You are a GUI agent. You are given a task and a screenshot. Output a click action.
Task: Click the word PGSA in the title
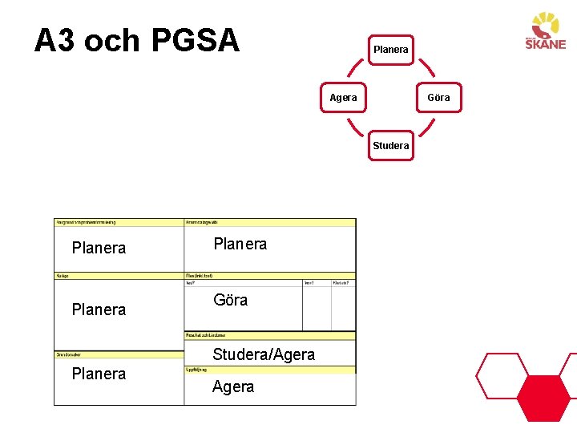pos(195,40)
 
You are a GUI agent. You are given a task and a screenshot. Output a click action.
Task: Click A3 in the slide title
pos(55,40)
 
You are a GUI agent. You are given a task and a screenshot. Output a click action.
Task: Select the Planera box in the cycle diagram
pos(390,50)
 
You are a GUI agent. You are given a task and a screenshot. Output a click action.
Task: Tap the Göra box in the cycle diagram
pos(438,98)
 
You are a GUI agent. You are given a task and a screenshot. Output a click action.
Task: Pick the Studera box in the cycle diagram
pos(390,145)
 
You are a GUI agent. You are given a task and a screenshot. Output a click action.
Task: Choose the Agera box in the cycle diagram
pos(343,98)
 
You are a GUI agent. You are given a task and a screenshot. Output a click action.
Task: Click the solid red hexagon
pos(543,398)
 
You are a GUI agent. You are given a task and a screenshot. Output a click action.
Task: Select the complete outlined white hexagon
pos(502,375)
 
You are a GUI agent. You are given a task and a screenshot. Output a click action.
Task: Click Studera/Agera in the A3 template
pos(264,354)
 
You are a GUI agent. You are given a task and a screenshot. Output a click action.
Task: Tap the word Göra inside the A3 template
pos(230,300)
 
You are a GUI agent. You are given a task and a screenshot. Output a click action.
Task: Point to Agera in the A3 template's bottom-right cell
pos(233,386)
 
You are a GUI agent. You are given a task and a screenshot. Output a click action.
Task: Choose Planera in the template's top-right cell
pos(240,244)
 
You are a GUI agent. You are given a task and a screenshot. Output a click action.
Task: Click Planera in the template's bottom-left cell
pos(99,374)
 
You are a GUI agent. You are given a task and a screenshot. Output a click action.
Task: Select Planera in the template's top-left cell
pos(99,248)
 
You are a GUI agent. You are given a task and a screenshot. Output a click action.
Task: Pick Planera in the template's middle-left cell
pos(99,310)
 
